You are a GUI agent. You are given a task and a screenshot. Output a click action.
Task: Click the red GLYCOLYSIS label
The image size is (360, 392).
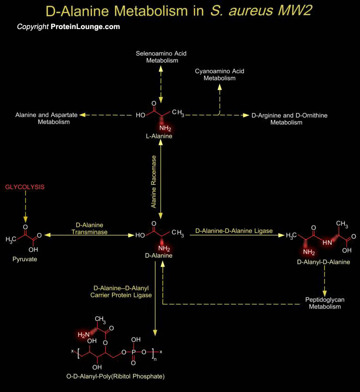[25, 187]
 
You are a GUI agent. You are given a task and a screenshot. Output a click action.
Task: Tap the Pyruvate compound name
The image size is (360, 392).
[25, 259]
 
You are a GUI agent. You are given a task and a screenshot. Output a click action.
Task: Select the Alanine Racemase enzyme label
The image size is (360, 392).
[154, 182]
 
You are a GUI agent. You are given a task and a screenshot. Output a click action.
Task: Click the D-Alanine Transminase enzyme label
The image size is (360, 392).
[90, 228]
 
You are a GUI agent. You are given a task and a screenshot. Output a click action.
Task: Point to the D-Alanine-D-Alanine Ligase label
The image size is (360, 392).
[234, 231]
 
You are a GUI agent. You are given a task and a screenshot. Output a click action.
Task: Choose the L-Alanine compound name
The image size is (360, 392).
[159, 136]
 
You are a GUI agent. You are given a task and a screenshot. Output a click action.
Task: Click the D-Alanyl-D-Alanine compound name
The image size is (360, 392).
[324, 262]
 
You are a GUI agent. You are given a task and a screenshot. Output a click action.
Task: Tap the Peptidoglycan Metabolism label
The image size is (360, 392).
[325, 303]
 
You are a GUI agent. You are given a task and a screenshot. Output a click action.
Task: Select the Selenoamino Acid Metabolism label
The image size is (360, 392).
[161, 57]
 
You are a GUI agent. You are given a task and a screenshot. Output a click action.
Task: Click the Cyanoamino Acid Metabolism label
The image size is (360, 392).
[219, 75]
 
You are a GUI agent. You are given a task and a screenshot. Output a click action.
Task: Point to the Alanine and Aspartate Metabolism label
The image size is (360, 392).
[47, 119]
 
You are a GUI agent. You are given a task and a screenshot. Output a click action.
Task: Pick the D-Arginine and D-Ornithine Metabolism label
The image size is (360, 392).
[289, 119]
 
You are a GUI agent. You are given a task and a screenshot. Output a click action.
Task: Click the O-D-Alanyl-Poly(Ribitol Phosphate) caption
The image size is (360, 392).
[115, 376]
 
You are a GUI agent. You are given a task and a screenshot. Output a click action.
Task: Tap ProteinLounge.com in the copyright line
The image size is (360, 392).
[85, 27]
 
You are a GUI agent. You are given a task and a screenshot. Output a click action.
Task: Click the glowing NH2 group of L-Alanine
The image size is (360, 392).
[165, 128]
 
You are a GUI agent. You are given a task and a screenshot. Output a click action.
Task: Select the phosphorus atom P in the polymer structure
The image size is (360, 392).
[133, 352]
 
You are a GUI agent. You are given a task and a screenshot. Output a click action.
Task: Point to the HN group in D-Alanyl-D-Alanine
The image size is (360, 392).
[327, 243]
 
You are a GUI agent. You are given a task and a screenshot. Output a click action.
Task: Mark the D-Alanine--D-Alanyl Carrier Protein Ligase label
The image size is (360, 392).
[121, 292]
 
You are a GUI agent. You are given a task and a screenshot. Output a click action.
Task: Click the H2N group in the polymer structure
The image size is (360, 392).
[84, 335]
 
